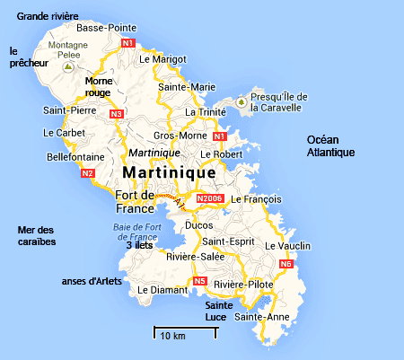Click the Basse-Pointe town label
[x=106, y=28]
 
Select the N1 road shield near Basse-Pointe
[x=128, y=43]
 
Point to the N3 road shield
[x=116, y=114]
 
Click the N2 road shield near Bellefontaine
[x=87, y=173]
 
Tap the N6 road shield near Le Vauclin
[x=286, y=264]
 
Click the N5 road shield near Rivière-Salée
[x=199, y=282]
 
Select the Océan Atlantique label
[x=331, y=145]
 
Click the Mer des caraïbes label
[x=37, y=236]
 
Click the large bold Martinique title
[x=168, y=171]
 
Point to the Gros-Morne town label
[x=175, y=135]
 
